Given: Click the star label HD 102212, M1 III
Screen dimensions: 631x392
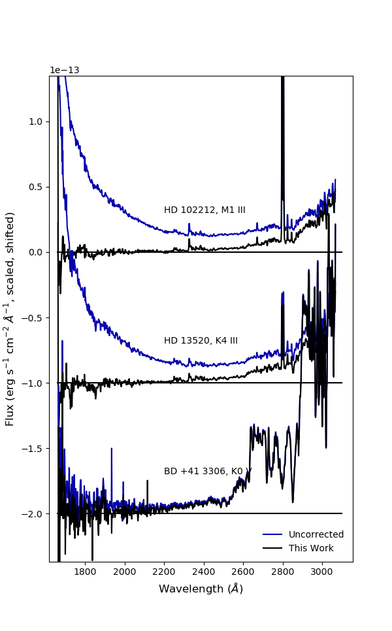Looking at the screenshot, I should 204,210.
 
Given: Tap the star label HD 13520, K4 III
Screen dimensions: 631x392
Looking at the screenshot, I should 201,341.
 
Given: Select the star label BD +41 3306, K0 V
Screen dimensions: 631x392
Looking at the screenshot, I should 208,472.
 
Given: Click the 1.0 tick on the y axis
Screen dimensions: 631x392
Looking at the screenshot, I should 36,121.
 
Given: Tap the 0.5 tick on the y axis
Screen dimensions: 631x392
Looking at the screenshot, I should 36,187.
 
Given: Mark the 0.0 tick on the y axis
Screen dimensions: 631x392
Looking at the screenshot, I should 36,252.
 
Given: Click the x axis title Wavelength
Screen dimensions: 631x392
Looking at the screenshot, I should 201,589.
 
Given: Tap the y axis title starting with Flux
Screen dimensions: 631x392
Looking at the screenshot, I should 10,319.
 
